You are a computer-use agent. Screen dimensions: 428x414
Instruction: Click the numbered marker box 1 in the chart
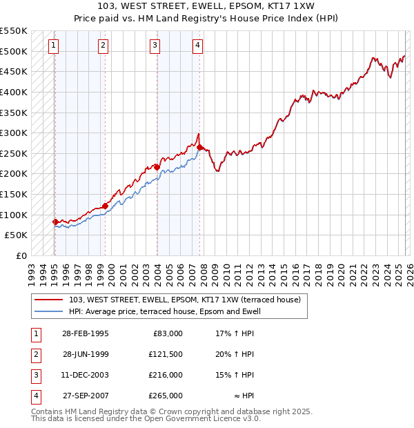coord(54,46)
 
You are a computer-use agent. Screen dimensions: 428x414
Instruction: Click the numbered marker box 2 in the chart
coord(103,46)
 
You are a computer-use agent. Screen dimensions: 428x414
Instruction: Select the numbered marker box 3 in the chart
coord(155,46)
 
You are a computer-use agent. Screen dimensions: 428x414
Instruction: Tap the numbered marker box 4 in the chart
coord(197,46)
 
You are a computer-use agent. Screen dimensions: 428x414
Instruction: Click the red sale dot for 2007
coord(199,147)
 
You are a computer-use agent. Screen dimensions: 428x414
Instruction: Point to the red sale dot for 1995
coord(55,222)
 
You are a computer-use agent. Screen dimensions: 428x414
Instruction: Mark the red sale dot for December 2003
coord(157,167)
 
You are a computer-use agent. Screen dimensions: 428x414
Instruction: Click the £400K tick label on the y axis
coord(14,92)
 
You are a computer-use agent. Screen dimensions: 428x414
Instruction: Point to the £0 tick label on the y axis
coord(21,255)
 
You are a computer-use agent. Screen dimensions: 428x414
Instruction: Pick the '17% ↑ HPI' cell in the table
coord(235,333)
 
